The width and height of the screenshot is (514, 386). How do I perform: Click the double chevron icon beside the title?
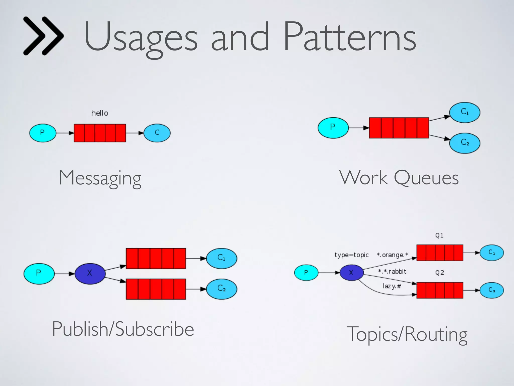click(x=43, y=36)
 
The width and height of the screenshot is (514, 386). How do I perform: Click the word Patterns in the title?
click(x=350, y=37)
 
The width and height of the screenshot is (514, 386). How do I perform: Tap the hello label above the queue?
click(x=100, y=113)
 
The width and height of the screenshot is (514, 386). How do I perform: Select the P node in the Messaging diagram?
click(x=43, y=133)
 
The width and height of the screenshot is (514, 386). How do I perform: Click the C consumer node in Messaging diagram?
click(x=157, y=133)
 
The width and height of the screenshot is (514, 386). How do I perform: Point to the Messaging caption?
click(x=100, y=178)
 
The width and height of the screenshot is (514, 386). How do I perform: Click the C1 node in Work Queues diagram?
click(x=465, y=112)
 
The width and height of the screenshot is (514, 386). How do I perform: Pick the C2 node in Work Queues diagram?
click(x=465, y=143)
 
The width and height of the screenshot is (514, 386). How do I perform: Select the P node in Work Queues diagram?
click(x=333, y=128)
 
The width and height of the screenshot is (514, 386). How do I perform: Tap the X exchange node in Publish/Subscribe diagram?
click(x=90, y=273)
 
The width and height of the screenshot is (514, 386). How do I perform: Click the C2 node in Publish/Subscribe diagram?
click(x=221, y=289)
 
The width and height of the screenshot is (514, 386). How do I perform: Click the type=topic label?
click(x=351, y=255)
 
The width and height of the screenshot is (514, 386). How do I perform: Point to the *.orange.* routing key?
click(x=393, y=255)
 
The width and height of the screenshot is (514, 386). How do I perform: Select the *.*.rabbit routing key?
click(x=392, y=271)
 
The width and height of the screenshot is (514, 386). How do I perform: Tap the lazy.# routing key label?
click(x=392, y=286)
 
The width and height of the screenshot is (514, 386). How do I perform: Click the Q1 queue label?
click(x=439, y=235)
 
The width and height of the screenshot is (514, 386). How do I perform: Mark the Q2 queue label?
click(x=439, y=273)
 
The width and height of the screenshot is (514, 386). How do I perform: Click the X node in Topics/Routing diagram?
click(x=351, y=273)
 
